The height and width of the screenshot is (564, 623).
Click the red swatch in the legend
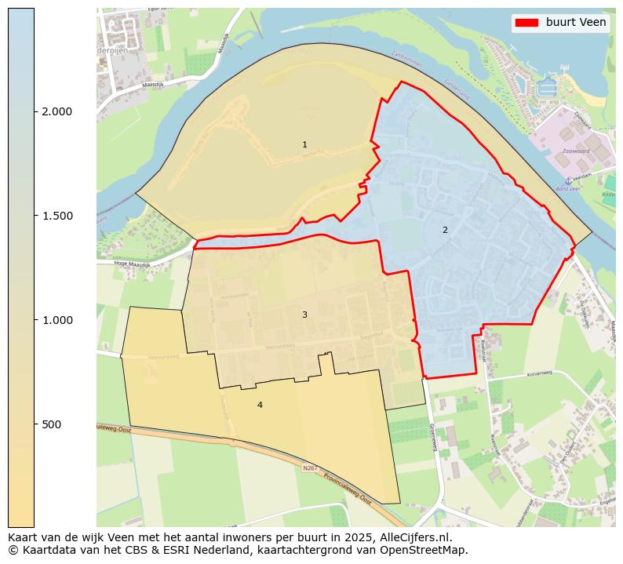tap(526, 23)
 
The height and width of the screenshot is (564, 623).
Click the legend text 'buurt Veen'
tap(576, 23)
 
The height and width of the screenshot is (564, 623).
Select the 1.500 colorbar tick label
tap(56, 216)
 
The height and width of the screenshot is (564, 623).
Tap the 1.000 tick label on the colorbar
tap(56, 320)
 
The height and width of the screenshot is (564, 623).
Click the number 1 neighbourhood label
tap(304, 144)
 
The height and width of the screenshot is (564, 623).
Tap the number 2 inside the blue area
tap(445, 230)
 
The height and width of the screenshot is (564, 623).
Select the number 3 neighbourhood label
tap(304, 315)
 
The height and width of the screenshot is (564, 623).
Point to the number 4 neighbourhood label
tap(260, 405)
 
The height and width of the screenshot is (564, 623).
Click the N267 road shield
tap(310, 468)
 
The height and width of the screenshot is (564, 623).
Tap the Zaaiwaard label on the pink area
tap(575, 151)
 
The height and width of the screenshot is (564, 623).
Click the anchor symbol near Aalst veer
tap(568, 180)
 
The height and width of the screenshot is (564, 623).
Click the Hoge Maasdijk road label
tap(131, 264)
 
